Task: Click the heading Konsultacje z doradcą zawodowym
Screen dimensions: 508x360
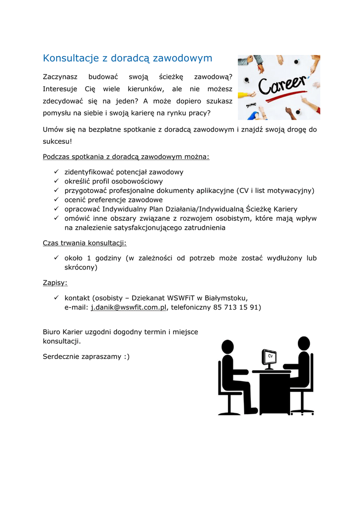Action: (x=128, y=58)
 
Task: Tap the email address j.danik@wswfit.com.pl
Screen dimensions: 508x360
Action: (x=128, y=307)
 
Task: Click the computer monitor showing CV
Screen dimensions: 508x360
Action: (x=269, y=358)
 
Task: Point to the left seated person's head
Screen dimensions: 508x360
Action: (x=227, y=347)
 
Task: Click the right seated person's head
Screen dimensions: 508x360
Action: (x=303, y=343)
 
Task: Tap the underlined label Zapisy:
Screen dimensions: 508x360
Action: (x=55, y=283)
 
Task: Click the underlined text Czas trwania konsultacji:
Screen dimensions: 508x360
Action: (x=85, y=243)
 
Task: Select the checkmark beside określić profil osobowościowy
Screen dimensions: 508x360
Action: (x=56, y=182)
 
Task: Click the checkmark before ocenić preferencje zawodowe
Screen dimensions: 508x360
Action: (x=56, y=200)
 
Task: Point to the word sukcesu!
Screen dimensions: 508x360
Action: (x=58, y=141)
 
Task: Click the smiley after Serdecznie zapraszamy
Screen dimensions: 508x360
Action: (x=127, y=356)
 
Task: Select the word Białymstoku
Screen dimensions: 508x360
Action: (x=226, y=298)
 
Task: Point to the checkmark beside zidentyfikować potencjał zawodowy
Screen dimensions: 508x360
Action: (x=56, y=172)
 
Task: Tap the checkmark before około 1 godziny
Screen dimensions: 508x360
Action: (x=56, y=258)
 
